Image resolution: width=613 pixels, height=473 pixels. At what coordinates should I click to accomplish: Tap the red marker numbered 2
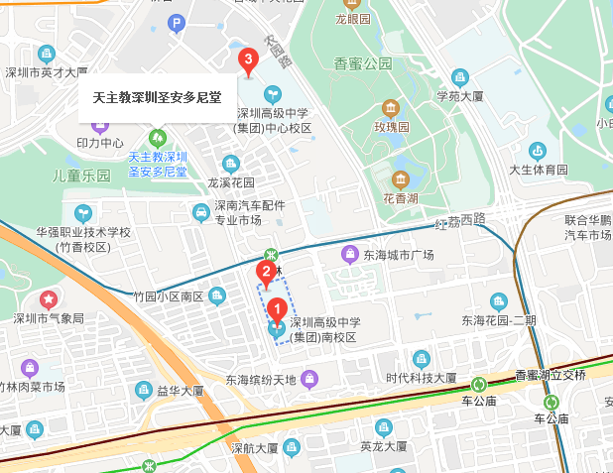coord(266,271)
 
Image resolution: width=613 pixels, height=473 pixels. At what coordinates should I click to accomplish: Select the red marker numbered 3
coord(249,60)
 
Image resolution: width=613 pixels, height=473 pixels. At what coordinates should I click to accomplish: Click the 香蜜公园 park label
coord(363,63)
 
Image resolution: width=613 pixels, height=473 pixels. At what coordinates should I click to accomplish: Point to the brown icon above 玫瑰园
coord(391,107)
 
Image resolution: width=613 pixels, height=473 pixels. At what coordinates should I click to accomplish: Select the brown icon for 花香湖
coord(400,179)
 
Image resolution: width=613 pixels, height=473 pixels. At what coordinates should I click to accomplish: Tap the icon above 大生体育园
coord(537,151)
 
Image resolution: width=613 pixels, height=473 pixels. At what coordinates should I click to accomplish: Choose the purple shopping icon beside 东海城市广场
coord(349,255)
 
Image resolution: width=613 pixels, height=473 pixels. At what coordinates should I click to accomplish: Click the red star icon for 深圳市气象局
coord(48,298)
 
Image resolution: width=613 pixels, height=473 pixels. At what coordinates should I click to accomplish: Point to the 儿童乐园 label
coord(81,176)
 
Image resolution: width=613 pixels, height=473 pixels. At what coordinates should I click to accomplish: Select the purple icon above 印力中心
coord(99,126)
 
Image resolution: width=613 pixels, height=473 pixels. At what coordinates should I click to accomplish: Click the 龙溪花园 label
coord(230,182)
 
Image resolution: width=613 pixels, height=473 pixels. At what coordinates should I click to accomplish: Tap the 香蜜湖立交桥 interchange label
coord(551,375)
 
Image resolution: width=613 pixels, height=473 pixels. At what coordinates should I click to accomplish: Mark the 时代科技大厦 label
coord(422,378)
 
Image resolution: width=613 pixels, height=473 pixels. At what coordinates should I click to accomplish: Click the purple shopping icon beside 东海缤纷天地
coord(310,378)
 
